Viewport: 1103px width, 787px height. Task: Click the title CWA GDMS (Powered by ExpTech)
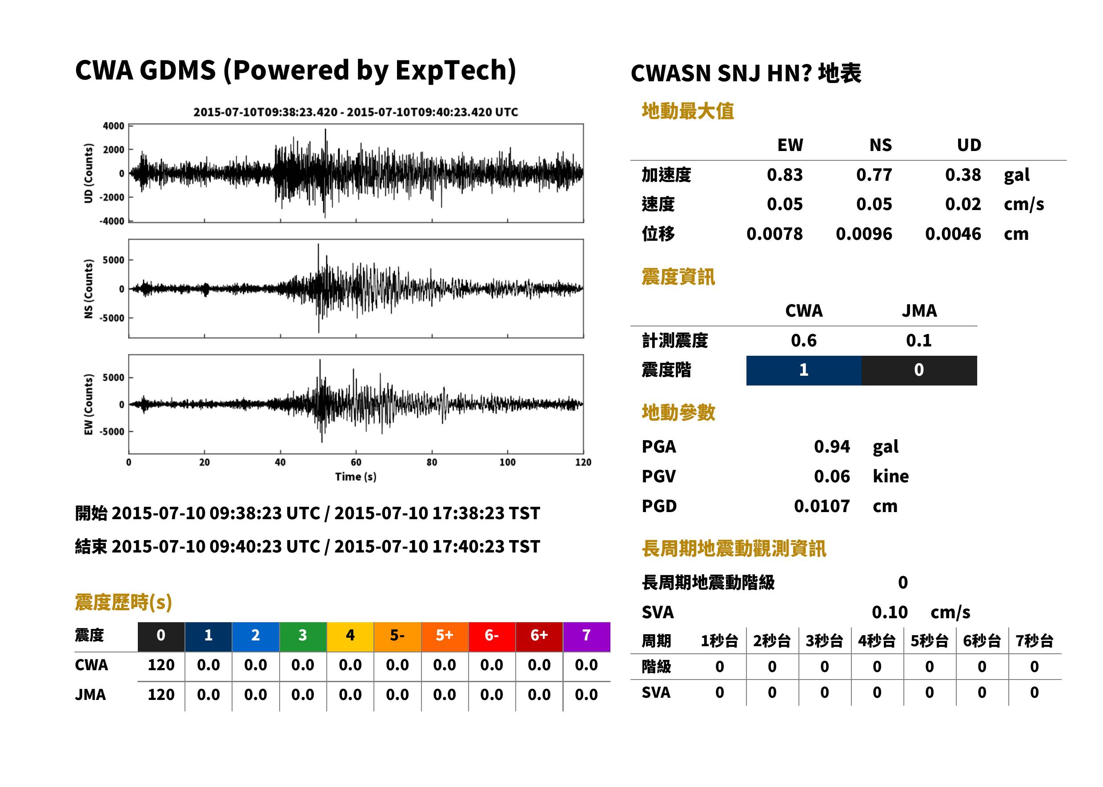295,71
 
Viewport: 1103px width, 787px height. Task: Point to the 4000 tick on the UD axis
113,126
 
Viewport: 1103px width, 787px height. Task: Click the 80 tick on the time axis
432,462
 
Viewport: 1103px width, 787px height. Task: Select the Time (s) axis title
356,477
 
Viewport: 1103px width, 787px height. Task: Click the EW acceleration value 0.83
784,175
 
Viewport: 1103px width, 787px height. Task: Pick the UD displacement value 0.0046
953,234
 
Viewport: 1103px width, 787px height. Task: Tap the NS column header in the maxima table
880,145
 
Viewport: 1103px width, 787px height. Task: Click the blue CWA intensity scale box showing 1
804,371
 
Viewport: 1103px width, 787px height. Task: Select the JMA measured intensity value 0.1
918,341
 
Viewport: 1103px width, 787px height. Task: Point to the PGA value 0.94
832,447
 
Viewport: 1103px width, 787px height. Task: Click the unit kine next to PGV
890,477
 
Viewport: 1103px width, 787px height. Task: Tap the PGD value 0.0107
822,506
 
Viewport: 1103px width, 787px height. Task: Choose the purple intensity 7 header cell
586,636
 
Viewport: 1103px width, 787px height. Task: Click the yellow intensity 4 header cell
350,636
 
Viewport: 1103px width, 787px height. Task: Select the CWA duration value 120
161,665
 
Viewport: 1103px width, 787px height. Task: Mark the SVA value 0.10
890,612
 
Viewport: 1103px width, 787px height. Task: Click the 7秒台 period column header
1034,641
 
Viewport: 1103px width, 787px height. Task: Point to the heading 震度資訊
678,277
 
